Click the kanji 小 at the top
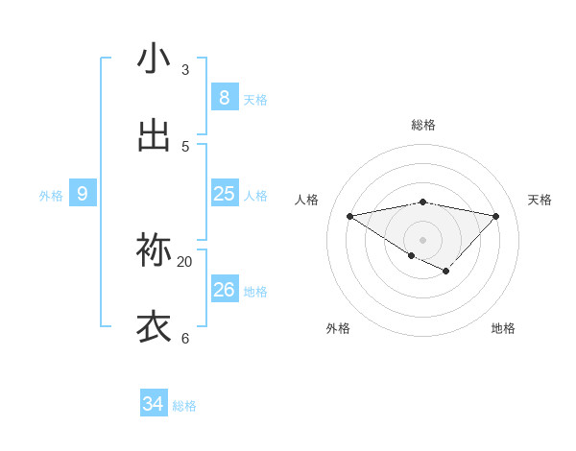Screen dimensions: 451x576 tap(155, 59)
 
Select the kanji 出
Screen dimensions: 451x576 tap(155, 136)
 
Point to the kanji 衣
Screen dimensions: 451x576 tap(155, 326)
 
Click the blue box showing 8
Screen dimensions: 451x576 tap(224, 97)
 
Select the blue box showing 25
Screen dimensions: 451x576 tap(224, 194)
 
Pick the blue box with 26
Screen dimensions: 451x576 tap(224, 289)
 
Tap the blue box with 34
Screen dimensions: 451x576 tap(154, 404)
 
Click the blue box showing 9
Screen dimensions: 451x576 tap(83, 194)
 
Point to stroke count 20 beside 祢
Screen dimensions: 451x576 tap(184, 262)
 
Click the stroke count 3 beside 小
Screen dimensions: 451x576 tap(184, 70)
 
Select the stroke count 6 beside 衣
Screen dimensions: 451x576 tap(184, 339)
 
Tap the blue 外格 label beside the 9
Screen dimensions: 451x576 tap(51, 196)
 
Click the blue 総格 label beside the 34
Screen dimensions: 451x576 tap(184, 406)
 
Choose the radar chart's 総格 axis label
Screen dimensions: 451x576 tap(422, 125)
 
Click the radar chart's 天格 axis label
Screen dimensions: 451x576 tap(540, 200)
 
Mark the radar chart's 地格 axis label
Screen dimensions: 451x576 tap(503, 328)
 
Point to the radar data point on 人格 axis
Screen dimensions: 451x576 tap(349, 216)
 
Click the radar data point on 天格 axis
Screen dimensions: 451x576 tap(495, 216)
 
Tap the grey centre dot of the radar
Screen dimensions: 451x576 tap(422, 239)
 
